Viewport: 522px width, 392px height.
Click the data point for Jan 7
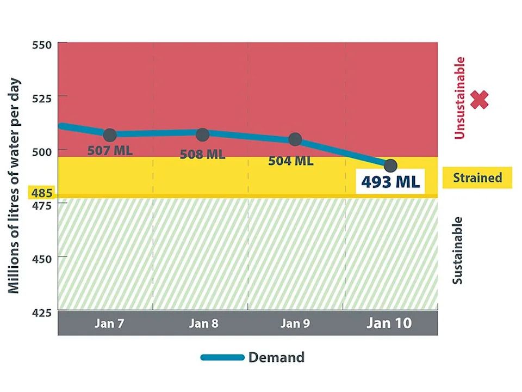[110, 135]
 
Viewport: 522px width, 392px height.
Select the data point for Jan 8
[202, 134]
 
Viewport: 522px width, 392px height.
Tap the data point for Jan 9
[295, 139]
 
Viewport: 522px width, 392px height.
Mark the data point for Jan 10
[390, 165]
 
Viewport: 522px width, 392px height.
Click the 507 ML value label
[110, 150]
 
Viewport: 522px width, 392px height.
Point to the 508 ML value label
[202, 155]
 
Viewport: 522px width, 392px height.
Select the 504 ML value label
[290, 161]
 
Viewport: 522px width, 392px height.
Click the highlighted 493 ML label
[390, 181]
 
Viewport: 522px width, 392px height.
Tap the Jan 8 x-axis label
[203, 323]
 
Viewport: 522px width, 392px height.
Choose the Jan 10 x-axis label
[389, 323]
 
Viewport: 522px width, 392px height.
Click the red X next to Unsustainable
[479, 100]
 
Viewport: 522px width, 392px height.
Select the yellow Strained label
[477, 177]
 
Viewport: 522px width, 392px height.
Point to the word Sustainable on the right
[458, 250]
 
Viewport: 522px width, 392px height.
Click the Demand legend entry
[253, 358]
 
